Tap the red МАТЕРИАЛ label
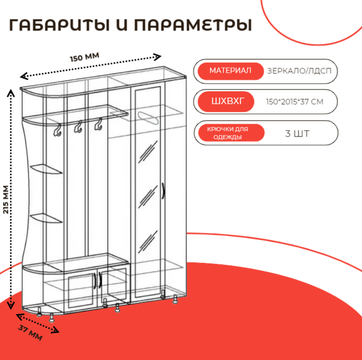230,71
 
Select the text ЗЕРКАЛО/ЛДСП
299,71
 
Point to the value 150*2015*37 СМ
295,102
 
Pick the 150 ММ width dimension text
85,57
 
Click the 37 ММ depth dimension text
30,332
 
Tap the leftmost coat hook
57,130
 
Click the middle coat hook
78,128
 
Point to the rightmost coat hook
98,125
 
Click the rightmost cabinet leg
176,300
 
